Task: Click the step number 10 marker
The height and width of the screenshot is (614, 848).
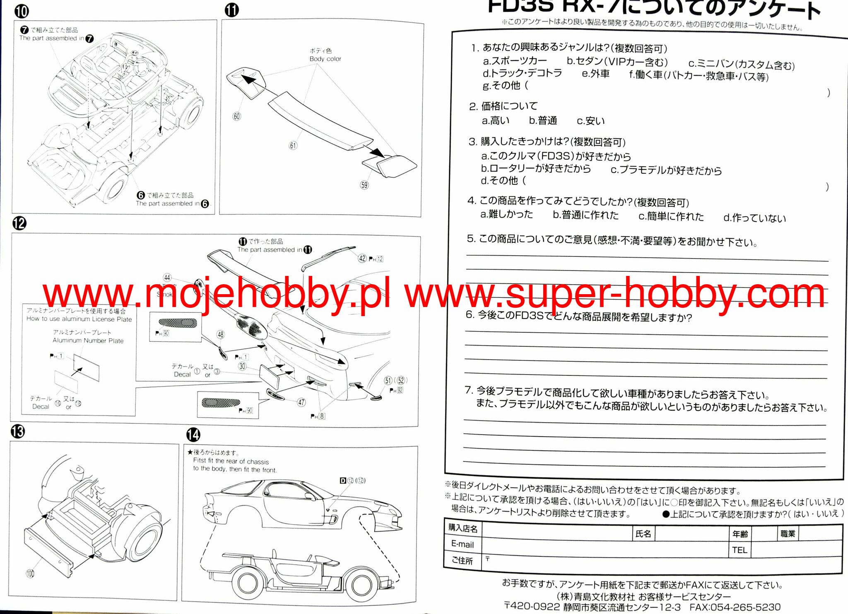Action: (x=22, y=11)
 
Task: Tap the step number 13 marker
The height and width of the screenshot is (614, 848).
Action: (x=18, y=432)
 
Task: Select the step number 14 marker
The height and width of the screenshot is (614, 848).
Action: (x=193, y=435)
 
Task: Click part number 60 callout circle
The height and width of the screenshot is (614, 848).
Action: (x=237, y=116)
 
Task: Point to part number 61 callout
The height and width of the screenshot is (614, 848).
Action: (x=293, y=145)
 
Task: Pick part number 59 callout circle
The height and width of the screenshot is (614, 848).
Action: (x=364, y=185)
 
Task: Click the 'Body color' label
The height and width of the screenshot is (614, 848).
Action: (x=325, y=59)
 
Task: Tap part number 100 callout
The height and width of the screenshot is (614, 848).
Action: (x=30, y=574)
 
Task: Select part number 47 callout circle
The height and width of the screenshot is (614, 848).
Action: (x=301, y=402)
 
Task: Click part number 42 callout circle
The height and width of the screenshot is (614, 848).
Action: (x=362, y=259)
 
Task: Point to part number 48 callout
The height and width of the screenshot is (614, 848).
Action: (x=220, y=334)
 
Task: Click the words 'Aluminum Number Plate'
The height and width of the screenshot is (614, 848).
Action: (x=88, y=341)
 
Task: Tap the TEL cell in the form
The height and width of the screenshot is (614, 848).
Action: (x=740, y=550)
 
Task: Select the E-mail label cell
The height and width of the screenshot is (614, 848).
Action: (x=463, y=544)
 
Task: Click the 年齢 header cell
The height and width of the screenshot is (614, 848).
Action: (x=740, y=534)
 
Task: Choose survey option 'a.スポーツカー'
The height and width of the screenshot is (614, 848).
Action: (x=515, y=61)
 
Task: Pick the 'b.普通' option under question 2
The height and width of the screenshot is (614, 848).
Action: (x=543, y=121)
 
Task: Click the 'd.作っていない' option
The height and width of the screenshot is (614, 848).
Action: (x=754, y=218)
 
